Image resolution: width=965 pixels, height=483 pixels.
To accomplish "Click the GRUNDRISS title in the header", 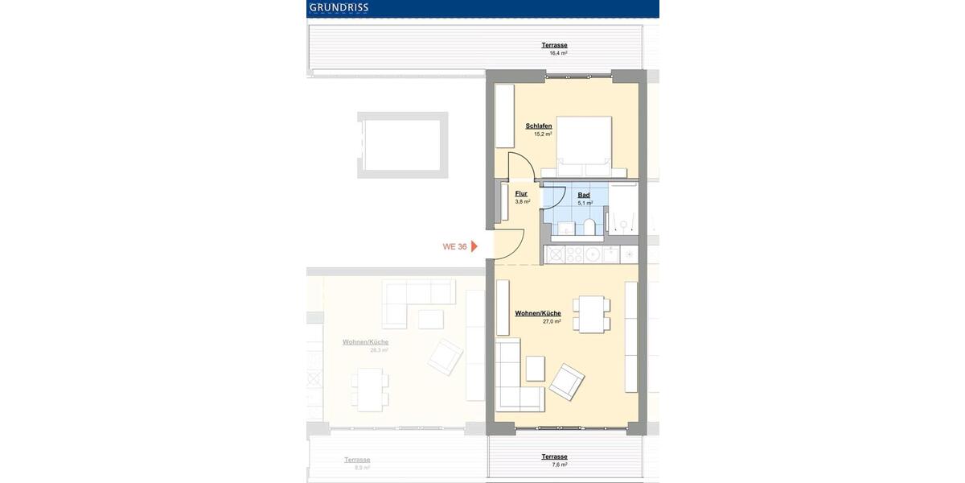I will point(339,8).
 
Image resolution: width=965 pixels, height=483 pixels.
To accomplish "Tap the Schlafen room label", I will point(538,126).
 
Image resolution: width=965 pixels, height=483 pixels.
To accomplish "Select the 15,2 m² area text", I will point(542,134).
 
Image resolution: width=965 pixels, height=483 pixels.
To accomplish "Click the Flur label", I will point(521,194).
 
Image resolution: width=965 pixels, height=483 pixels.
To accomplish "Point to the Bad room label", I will point(584,195).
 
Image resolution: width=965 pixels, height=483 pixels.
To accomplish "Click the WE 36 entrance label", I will point(454,246).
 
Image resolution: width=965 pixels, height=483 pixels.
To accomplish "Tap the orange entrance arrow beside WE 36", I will point(475,246).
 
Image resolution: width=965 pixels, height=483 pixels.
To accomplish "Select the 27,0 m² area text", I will point(552,321).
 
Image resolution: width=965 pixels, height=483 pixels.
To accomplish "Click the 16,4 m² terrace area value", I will point(558,53).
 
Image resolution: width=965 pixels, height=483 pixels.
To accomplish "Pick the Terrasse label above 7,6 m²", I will point(554,456).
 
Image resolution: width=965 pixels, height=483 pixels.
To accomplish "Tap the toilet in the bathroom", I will point(589,226).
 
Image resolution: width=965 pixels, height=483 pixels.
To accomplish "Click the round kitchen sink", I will point(594,254).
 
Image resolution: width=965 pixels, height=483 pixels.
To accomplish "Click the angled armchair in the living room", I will point(567,382).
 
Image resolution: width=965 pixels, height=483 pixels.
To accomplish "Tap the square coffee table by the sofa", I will point(536,368).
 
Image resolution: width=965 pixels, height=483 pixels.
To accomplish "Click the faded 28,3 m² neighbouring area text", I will point(379,350).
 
